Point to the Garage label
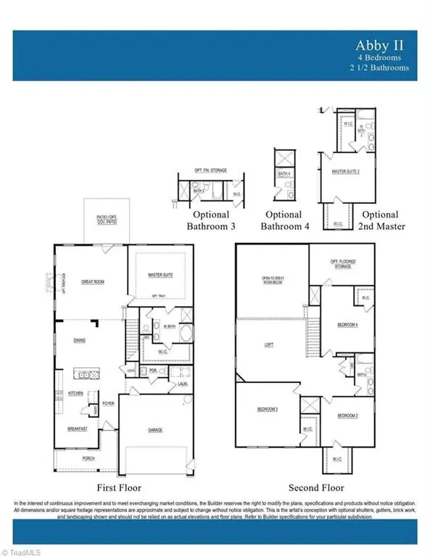pos(155,430)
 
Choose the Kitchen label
pos(75,392)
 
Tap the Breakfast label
pos(78,429)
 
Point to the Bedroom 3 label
pos(267,410)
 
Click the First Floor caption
pos(118,487)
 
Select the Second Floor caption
pos(315,487)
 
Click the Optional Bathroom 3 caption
pos(211,220)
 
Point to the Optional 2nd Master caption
pos(380,220)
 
